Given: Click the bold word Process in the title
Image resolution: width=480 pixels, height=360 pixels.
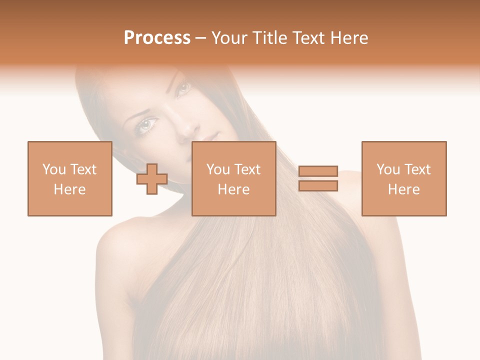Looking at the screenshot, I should point(157,38).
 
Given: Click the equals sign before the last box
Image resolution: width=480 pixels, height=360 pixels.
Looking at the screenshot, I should point(318,178).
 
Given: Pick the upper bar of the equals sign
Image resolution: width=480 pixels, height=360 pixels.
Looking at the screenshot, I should point(318,171).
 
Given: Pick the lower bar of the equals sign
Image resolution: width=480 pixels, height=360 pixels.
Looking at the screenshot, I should point(318,186).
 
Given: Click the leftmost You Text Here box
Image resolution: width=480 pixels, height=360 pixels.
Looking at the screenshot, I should point(70,178).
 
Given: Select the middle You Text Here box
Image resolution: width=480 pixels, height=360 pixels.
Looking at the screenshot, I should point(233,178).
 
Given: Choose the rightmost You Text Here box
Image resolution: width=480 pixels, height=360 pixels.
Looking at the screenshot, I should point(404,178).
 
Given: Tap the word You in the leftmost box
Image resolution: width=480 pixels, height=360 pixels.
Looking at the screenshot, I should point(54,169).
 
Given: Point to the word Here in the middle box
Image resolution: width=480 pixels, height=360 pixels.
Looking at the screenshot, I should point(233,189).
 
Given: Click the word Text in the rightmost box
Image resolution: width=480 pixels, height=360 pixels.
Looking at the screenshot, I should point(416,169).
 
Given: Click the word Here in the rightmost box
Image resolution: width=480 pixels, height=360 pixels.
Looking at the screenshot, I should point(404,189).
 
